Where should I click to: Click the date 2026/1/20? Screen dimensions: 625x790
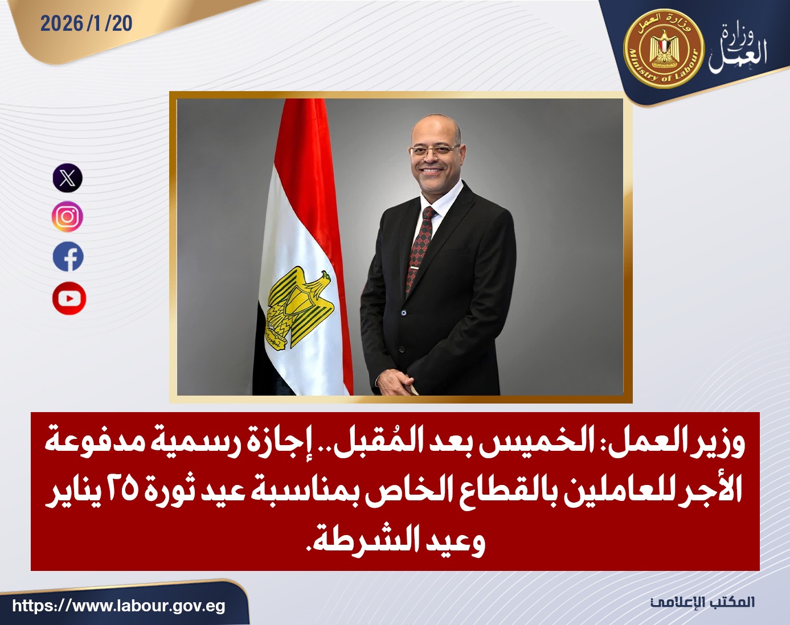(86, 23)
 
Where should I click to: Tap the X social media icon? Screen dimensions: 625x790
(68, 178)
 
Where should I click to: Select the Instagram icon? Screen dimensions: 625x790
(68, 217)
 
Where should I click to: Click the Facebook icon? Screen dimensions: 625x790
(68, 257)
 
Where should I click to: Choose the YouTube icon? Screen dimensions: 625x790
(69, 298)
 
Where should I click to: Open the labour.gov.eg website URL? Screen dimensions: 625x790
(118, 606)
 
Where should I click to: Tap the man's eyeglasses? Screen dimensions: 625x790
(434, 150)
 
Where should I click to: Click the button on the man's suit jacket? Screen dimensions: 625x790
(403, 312)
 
